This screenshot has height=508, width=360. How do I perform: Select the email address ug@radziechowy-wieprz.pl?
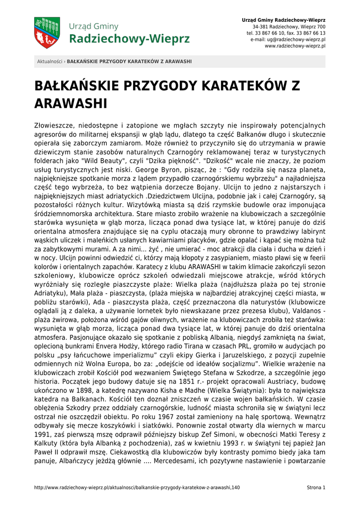[x=288, y=39]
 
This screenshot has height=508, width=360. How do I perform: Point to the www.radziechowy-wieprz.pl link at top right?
[x=295, y=46]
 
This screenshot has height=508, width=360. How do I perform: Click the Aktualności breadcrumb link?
[x=50, y=62]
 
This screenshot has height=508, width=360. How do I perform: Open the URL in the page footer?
[x=137, y=488]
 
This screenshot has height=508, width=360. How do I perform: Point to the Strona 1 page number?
[x=316, y=488]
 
